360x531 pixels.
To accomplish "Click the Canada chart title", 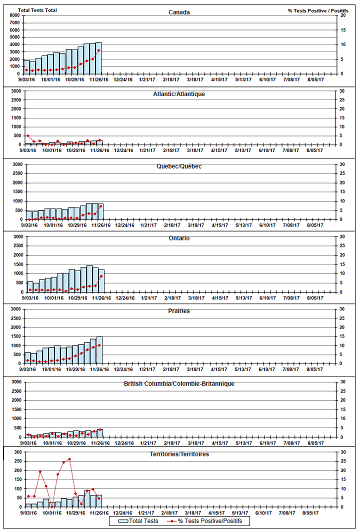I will [179, 12].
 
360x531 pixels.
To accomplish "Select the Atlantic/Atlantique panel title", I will [179, 93].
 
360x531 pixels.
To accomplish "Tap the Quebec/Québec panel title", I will [179, 166].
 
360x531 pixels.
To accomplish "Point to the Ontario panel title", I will [179, 238].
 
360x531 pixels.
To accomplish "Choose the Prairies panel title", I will [179, 311].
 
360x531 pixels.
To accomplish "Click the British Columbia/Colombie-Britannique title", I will [179, 383].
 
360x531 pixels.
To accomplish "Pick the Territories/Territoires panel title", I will [179, 454].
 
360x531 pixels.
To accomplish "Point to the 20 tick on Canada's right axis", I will [342, 15].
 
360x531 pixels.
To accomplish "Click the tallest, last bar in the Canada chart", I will [98, 58].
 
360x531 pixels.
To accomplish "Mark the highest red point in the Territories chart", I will [69, 459].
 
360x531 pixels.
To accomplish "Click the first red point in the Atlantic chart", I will [28, 135].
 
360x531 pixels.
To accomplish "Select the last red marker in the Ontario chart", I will [101, 276].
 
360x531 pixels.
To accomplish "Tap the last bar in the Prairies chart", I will [99, 350].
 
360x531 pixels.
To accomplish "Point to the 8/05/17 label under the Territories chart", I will [316, 512].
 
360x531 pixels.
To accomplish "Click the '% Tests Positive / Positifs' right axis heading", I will [318, 10].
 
